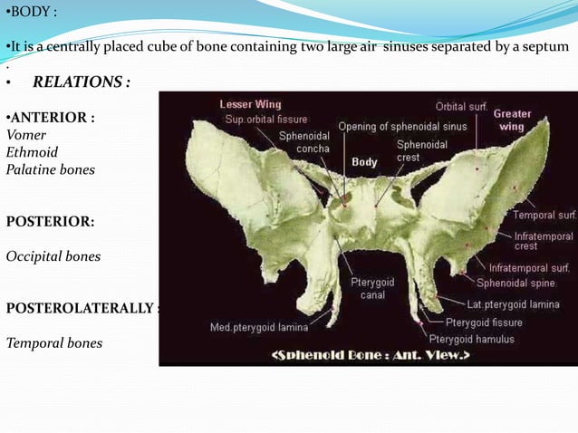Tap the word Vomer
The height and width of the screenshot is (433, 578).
(26, 134)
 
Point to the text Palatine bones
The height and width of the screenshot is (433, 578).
(50, 169)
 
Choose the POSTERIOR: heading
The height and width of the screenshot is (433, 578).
(50, 221)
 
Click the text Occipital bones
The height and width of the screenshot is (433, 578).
(53, 256)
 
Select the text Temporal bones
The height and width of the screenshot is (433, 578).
(53, 343)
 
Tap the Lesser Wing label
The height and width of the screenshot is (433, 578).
(250, 104)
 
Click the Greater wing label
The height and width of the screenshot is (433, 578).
(513, 120)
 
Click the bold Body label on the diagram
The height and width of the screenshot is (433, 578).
(364, 162)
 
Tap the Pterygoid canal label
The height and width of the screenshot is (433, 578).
(372, 289)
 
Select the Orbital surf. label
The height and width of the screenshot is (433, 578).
(461, 107)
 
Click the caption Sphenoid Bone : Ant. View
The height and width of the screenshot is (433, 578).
(370, 355)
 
